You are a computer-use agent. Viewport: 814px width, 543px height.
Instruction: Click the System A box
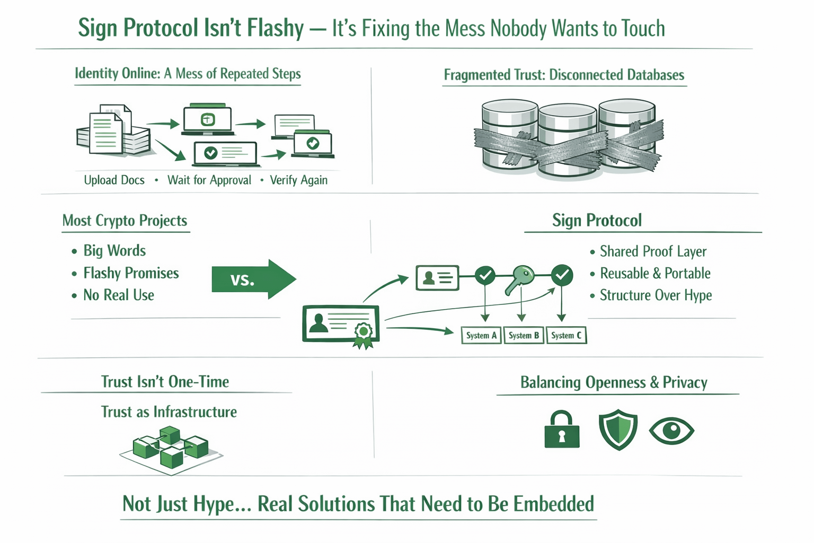(x=481, y=336)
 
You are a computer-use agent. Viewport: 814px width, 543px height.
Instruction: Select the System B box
(x=524, y=336)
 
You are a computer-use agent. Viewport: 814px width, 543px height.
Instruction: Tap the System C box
(x=566, y=336)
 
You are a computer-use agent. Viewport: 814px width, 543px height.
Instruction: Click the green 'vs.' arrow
(x=253, y=279)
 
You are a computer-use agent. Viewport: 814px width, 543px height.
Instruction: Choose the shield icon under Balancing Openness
(x=618, y=430)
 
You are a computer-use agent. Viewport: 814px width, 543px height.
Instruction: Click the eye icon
(x=671, y=430)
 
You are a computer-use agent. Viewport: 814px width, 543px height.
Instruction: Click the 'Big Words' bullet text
(x=114, y=251)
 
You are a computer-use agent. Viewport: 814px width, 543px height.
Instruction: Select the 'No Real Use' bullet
(x=119, y=295)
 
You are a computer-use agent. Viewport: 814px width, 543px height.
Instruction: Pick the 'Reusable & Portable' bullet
(x=655, y=274)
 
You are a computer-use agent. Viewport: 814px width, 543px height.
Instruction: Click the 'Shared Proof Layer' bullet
(x=653, y=251)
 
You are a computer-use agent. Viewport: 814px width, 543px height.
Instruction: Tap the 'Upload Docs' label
(x=114, y=180)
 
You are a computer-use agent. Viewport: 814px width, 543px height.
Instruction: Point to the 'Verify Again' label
(x=299, y=180)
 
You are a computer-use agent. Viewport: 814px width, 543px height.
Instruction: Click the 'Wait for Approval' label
(x=209, y=180)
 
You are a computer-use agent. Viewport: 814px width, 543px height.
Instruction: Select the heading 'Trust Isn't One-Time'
(x=165, y=382)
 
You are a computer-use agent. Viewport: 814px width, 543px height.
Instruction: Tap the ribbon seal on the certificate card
(x=363, y=334)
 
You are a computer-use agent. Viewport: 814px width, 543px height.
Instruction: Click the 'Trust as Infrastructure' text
(x=169, y=412)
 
